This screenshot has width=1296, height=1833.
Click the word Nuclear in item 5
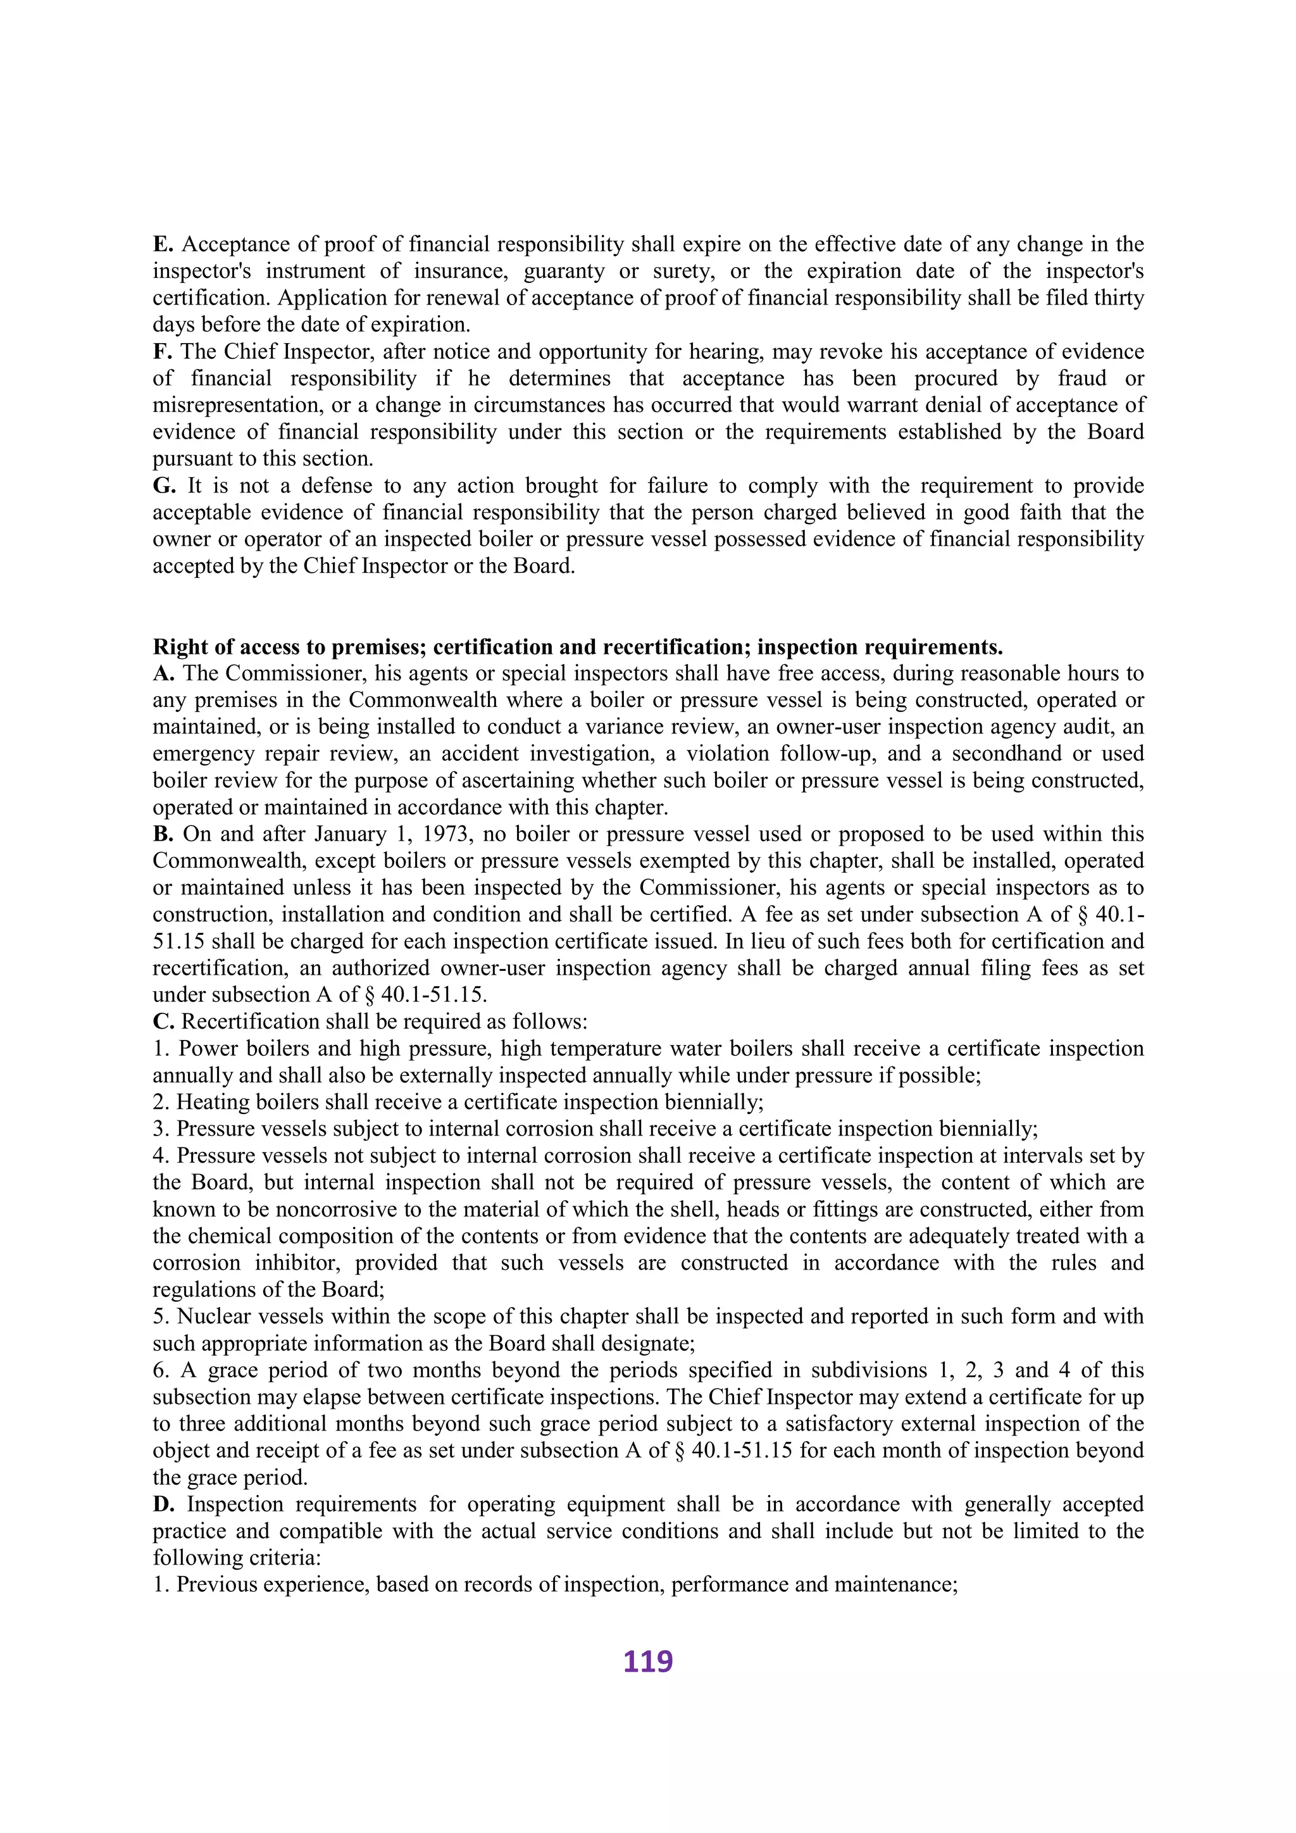pos(211,1317)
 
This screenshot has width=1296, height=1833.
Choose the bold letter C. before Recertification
pos(163,1022)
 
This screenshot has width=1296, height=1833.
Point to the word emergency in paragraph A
pos(202,754)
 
